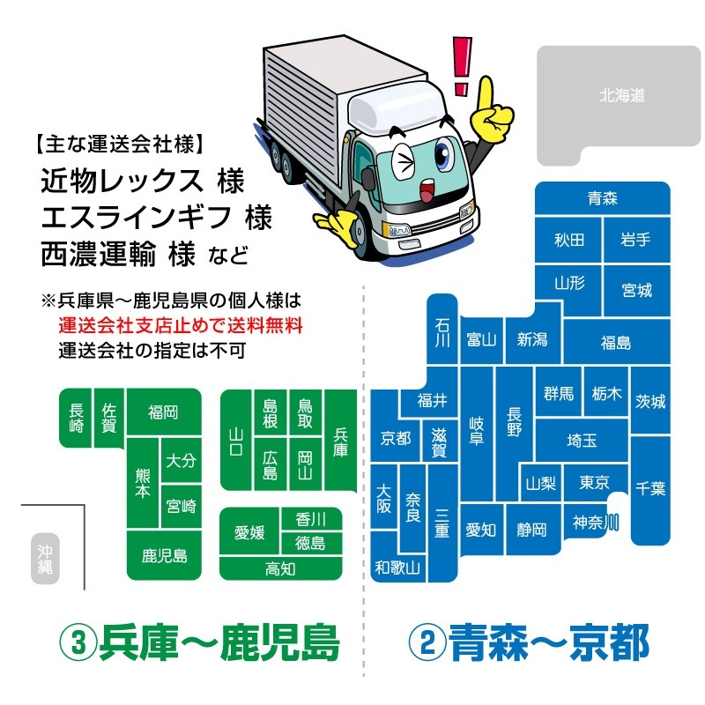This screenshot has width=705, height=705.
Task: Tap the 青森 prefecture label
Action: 603,198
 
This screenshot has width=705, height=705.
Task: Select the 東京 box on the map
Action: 594,482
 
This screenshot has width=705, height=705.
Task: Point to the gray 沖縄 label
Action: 45,559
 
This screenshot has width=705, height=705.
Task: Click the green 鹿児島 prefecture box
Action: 164,556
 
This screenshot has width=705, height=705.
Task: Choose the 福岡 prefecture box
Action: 164,412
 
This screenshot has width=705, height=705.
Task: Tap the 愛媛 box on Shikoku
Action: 249,532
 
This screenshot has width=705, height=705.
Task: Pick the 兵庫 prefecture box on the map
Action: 340,441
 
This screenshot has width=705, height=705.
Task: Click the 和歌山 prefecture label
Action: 397,568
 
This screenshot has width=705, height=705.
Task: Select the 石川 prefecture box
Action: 442,329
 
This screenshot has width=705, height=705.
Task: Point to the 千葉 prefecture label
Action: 650,488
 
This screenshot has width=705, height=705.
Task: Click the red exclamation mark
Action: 462,66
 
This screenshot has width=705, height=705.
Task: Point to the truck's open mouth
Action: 426,189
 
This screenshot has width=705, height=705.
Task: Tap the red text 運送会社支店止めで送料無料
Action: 181,325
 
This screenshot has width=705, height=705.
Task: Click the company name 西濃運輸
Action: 99,254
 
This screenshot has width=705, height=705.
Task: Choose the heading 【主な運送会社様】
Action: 120,144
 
